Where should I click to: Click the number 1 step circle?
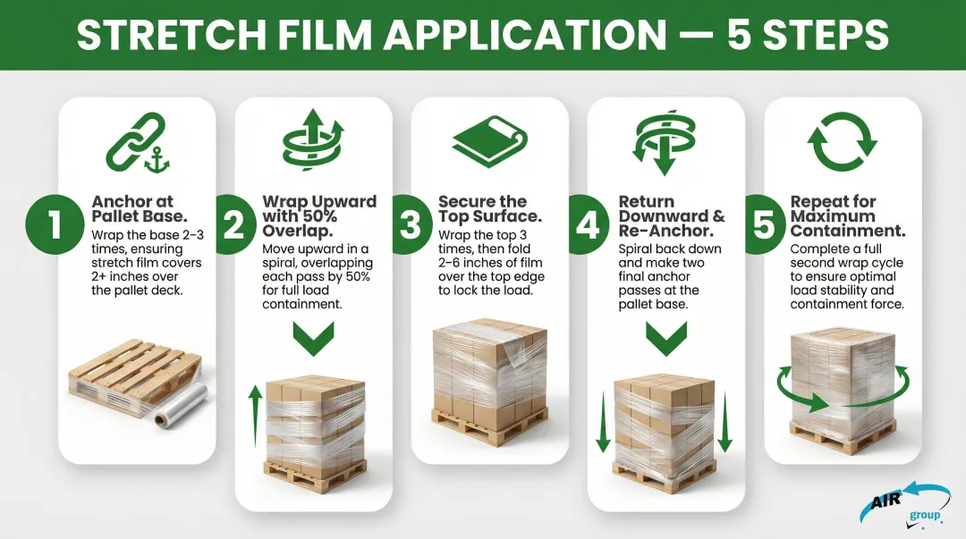pos(55,223)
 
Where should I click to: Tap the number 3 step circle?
pos(410,223)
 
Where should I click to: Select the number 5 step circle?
pos(763,223)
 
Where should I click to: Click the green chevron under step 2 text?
pos(313,339)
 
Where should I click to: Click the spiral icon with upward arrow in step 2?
pos(313,143)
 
